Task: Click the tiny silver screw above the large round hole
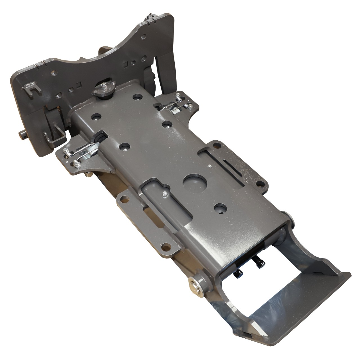[x=209, y=166]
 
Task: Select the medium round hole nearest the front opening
[x=220, y=208]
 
